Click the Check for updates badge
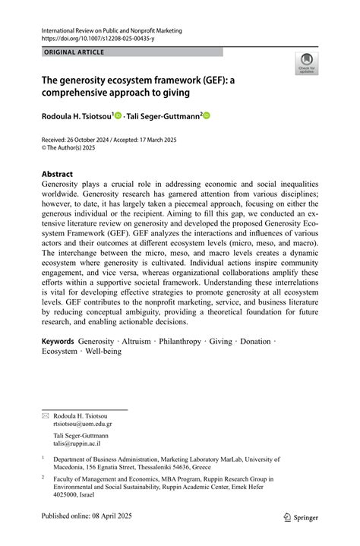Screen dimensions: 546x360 (307, 63)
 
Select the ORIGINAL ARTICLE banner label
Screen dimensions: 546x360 (74, 52)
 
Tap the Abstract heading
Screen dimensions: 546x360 (58, 174)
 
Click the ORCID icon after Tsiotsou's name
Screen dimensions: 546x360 (118, 115)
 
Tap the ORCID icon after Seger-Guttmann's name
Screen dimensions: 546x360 (206, 115)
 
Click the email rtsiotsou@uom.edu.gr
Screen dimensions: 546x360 (83, 424)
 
